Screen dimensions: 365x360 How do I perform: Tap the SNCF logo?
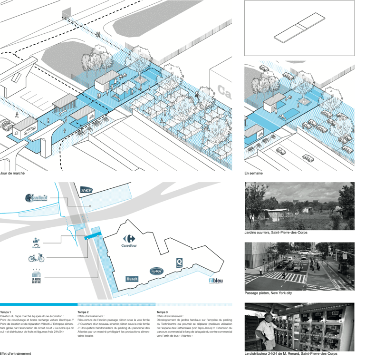(86, 190)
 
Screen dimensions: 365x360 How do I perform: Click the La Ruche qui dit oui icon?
(37, 276)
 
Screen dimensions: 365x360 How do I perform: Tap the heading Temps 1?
(6, 312)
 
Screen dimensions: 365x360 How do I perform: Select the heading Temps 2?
(83, 312)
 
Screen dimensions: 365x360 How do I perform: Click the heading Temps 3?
(162, 312)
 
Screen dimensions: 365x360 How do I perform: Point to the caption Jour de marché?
(12, 174)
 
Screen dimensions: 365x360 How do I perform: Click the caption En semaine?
(253, 174)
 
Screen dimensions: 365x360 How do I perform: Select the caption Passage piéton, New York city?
(268, 293)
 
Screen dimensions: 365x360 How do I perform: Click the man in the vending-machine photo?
(266, 331)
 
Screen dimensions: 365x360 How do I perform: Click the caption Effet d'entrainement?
(15, 354)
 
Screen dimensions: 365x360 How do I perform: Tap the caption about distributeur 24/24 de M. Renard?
(290, 354)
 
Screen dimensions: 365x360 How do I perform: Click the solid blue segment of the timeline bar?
(38, 304)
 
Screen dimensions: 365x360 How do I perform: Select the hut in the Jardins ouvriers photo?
(277, 214)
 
